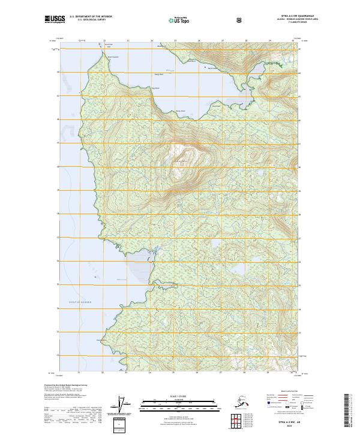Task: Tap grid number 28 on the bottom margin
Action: [x=245, y=373]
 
